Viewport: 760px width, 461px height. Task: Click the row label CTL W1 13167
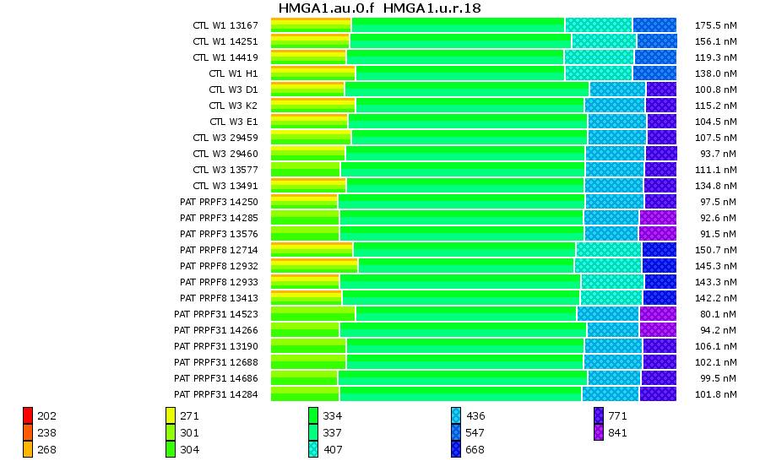pyautogui.click(x=225, y=25)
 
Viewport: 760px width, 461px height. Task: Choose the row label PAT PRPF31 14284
pyautogui.click(x=216, y=394)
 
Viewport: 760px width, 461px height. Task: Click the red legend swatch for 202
pyautogui.click(x=28, y=415)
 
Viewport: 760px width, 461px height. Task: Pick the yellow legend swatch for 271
pyautogui.click(x=171, y=415)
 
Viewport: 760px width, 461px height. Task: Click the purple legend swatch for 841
pyautogui.click(x=599, y=432)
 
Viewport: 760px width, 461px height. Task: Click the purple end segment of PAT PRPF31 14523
pyautogui.click(x=658, y=314)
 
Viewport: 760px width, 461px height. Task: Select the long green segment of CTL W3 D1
pyautogui.click(x=467, y=89)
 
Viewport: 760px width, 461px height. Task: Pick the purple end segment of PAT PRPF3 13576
pyautogui.click(x=657, y=234)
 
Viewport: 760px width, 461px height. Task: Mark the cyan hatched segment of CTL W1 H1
pyautogui.click(x=599, y=73)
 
